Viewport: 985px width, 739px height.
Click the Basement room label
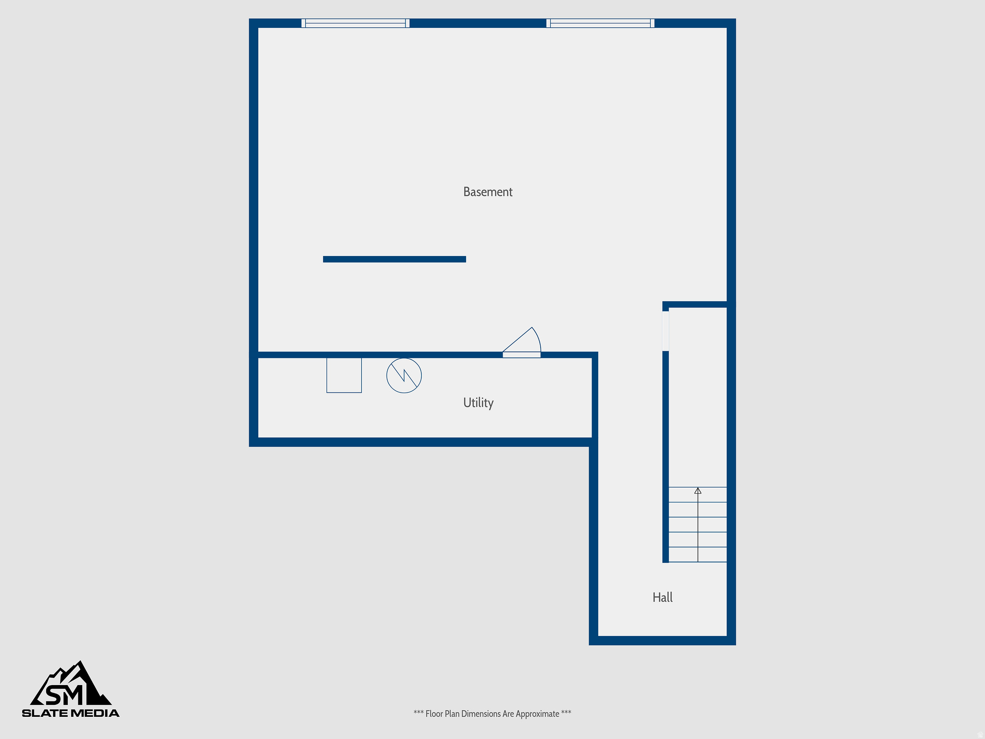488,192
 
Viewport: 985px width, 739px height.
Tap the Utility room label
478,403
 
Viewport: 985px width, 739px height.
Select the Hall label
662,598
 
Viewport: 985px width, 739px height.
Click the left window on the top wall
355,23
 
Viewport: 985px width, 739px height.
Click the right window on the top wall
600,23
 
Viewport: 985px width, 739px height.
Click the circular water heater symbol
404,375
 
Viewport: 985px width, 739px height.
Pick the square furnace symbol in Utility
344,375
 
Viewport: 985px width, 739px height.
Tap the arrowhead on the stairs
698,491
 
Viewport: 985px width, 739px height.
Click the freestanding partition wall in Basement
394,259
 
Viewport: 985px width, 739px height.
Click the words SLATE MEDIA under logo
71,713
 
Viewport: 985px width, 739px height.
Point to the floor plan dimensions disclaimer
492,714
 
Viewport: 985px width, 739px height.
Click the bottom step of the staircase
698,554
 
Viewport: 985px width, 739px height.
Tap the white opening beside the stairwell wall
666,331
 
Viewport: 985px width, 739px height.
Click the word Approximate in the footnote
537,714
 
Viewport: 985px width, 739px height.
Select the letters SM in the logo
64,695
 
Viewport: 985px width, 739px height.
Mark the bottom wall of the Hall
662,640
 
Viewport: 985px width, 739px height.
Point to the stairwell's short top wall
697,305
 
